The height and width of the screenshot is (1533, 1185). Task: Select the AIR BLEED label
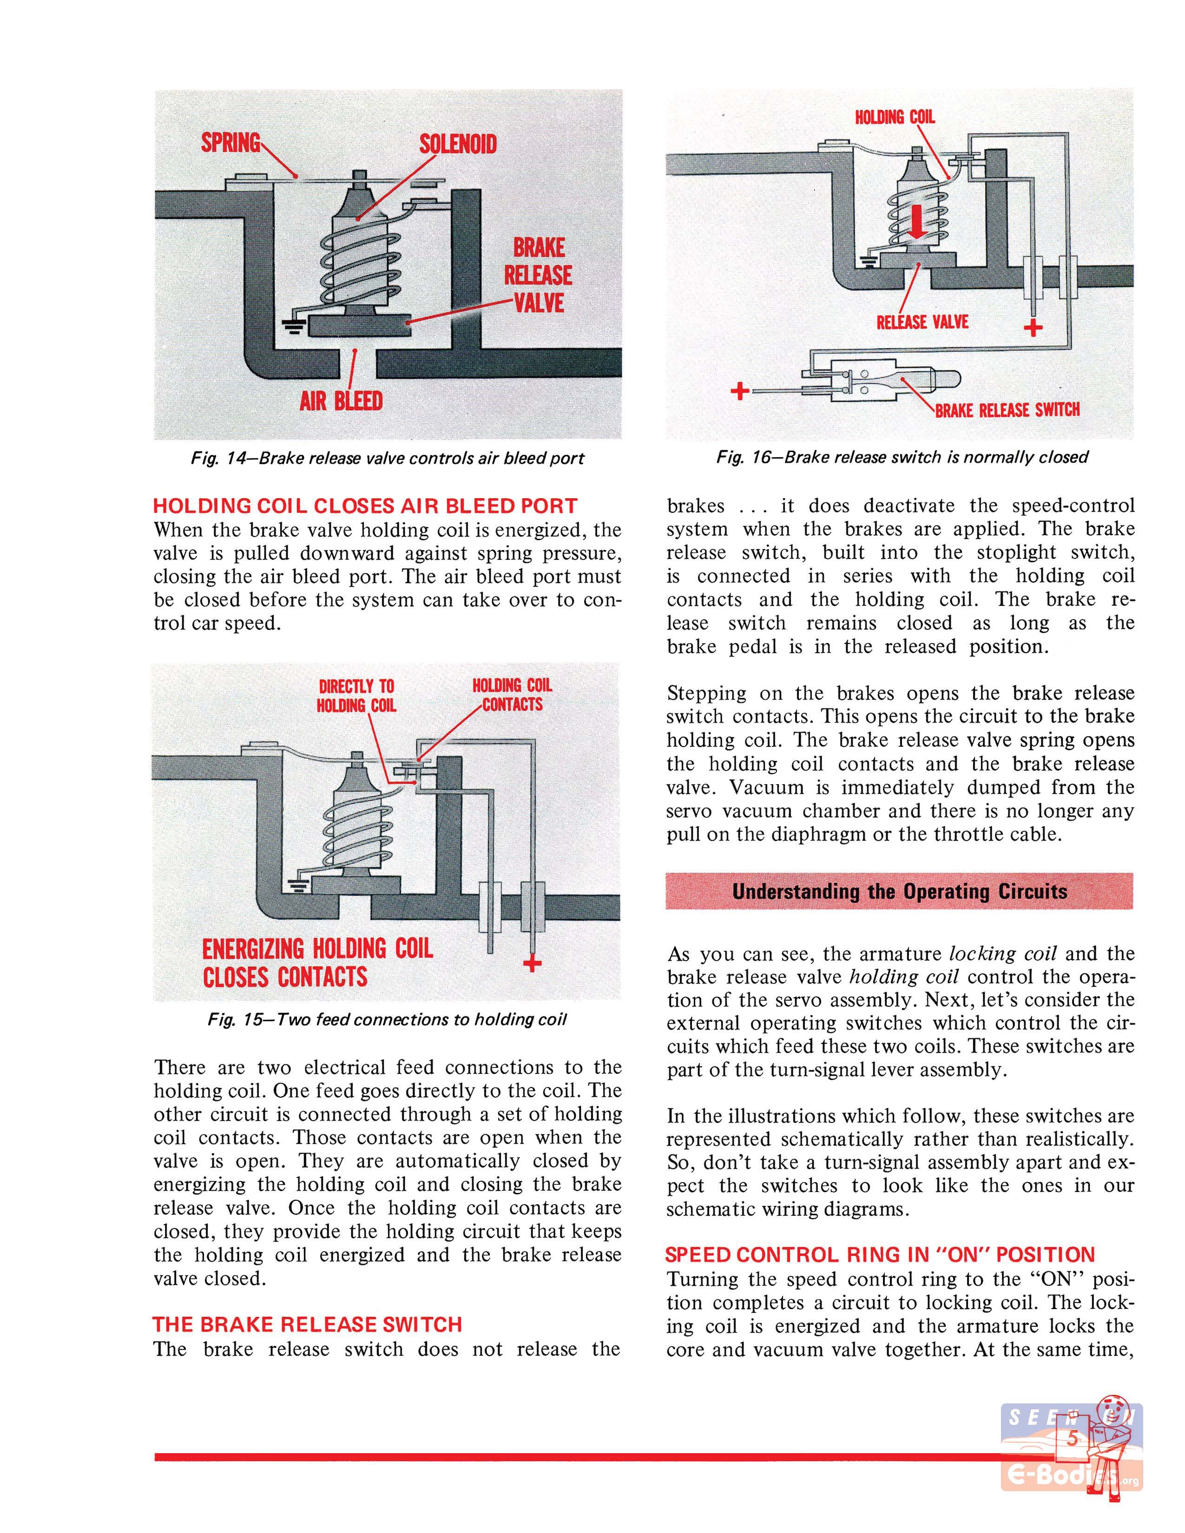pos(341,401)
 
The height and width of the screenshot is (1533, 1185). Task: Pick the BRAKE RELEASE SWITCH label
pos(1007,410)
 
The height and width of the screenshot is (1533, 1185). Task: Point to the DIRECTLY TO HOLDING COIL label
pos(356,695)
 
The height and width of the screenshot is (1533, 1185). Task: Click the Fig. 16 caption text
pos(902,458)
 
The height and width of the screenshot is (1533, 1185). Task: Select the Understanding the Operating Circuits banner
pos(899,891)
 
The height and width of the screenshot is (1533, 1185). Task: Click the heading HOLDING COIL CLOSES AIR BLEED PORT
pos(365,506)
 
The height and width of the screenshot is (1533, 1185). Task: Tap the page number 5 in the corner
pos(1072,1438)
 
